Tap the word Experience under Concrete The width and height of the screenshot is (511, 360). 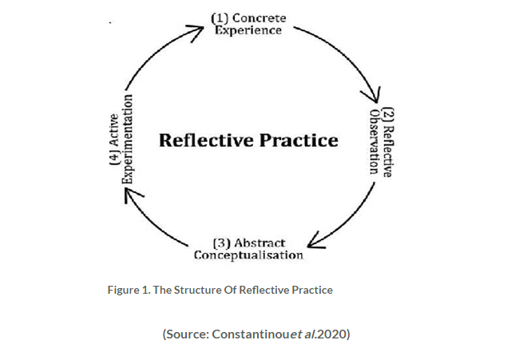pyautogui.click(x=248, y=30)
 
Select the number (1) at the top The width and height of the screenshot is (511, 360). pyautogui.click(x=220, y=18)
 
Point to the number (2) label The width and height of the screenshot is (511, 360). pyautogui.click(x=387, y=113)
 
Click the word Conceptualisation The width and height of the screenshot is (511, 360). pyautogui.click(x=248, y=255)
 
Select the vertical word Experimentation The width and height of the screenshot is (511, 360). pyautogui.click(x=127, y=138)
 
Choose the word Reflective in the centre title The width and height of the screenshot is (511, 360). pyautogui.click(x=204, y=140)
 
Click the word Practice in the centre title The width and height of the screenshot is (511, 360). pyautogui.click(x=298, y=140)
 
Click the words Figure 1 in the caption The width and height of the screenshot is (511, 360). pyautogui.click(x=126, y=290)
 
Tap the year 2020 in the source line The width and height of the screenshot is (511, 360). pyautogui.click(x=332, y=334)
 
